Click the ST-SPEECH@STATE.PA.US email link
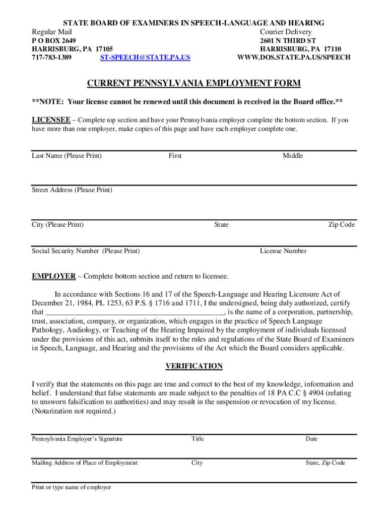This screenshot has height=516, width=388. click(145, 57)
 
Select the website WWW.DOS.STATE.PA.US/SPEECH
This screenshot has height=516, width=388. click(294, 57)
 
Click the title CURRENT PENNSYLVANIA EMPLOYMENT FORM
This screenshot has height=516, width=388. click(194, 83)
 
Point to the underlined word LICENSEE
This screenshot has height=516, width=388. click(51, 120)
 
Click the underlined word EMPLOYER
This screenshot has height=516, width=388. click(54, 276)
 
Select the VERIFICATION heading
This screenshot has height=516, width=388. click(194, 366)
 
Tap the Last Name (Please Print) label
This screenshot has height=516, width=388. click(67, 156)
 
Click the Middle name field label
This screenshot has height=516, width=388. click(293, 156)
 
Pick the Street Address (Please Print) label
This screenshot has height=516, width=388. click(72, 190)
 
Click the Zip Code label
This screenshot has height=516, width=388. click(342, 224)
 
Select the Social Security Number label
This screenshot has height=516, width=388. click(86, 251)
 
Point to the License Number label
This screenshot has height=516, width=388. click(283, 251)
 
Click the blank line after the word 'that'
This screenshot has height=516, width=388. click(134, 312)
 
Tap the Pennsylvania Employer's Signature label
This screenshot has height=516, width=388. click(77, 439)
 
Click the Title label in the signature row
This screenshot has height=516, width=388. click(198, 439)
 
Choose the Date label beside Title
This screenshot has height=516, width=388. click(311, 439)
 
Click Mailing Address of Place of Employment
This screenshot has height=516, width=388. click(85, 463)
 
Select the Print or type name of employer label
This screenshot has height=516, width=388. click(72, 487)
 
